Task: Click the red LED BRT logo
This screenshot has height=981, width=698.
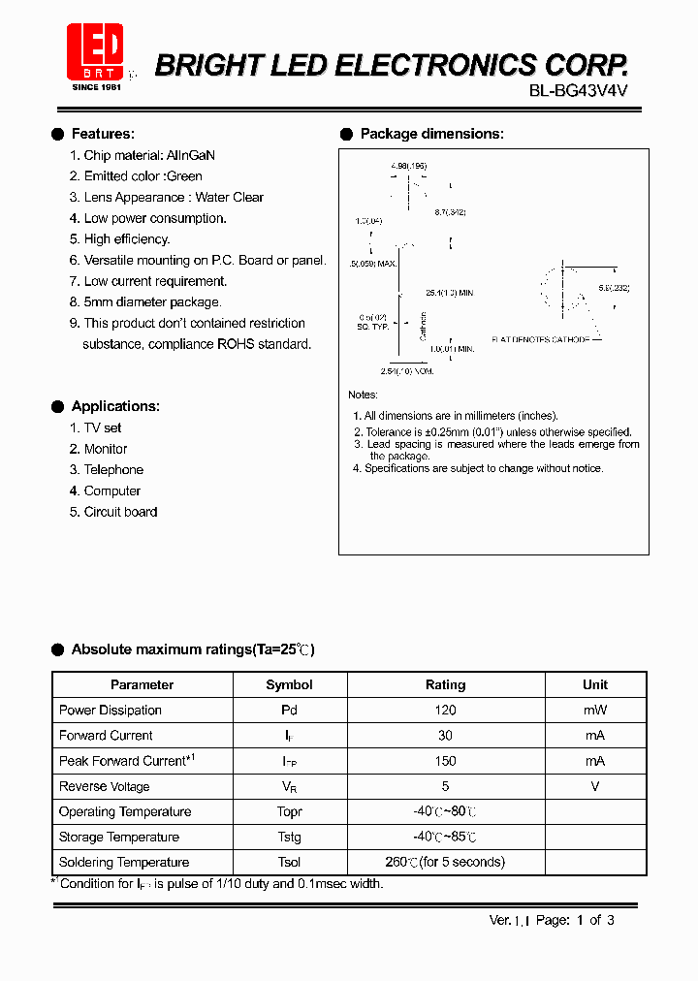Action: (x=95, y=51)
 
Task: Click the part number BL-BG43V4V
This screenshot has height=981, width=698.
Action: (x=579, y=95)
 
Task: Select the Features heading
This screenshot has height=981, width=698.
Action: (x=103, y=134)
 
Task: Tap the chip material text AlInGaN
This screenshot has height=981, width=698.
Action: (x=191, y=155)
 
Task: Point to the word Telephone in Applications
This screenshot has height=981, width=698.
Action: (x=113, y=470)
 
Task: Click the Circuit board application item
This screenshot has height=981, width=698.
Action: (x=120, y=512)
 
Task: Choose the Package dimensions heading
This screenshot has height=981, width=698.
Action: (x=431, y=134)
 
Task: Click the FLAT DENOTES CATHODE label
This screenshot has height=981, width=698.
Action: (x=540, y=340)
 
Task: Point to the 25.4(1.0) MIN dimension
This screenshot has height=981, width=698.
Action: (x=449, y=293)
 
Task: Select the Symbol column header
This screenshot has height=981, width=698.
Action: (x=289, y=684)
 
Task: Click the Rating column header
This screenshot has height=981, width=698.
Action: (x=445, y=684)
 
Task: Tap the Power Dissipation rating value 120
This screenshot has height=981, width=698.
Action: (x=445, y=711)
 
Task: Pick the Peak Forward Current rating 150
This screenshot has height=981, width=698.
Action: (x=445, y=761)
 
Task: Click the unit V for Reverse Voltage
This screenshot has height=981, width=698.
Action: (x=595, y=786)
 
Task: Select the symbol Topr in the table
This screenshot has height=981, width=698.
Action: (x=289, y=812)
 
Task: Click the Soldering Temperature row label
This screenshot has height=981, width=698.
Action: (x=124, y=863)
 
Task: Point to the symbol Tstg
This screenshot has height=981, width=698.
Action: (x=289, y=838)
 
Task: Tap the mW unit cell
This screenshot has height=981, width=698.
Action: (x=595, y=711)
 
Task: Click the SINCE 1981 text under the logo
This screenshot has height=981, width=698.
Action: (x=97, y=87)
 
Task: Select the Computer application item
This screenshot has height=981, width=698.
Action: (x=112, y=491)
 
